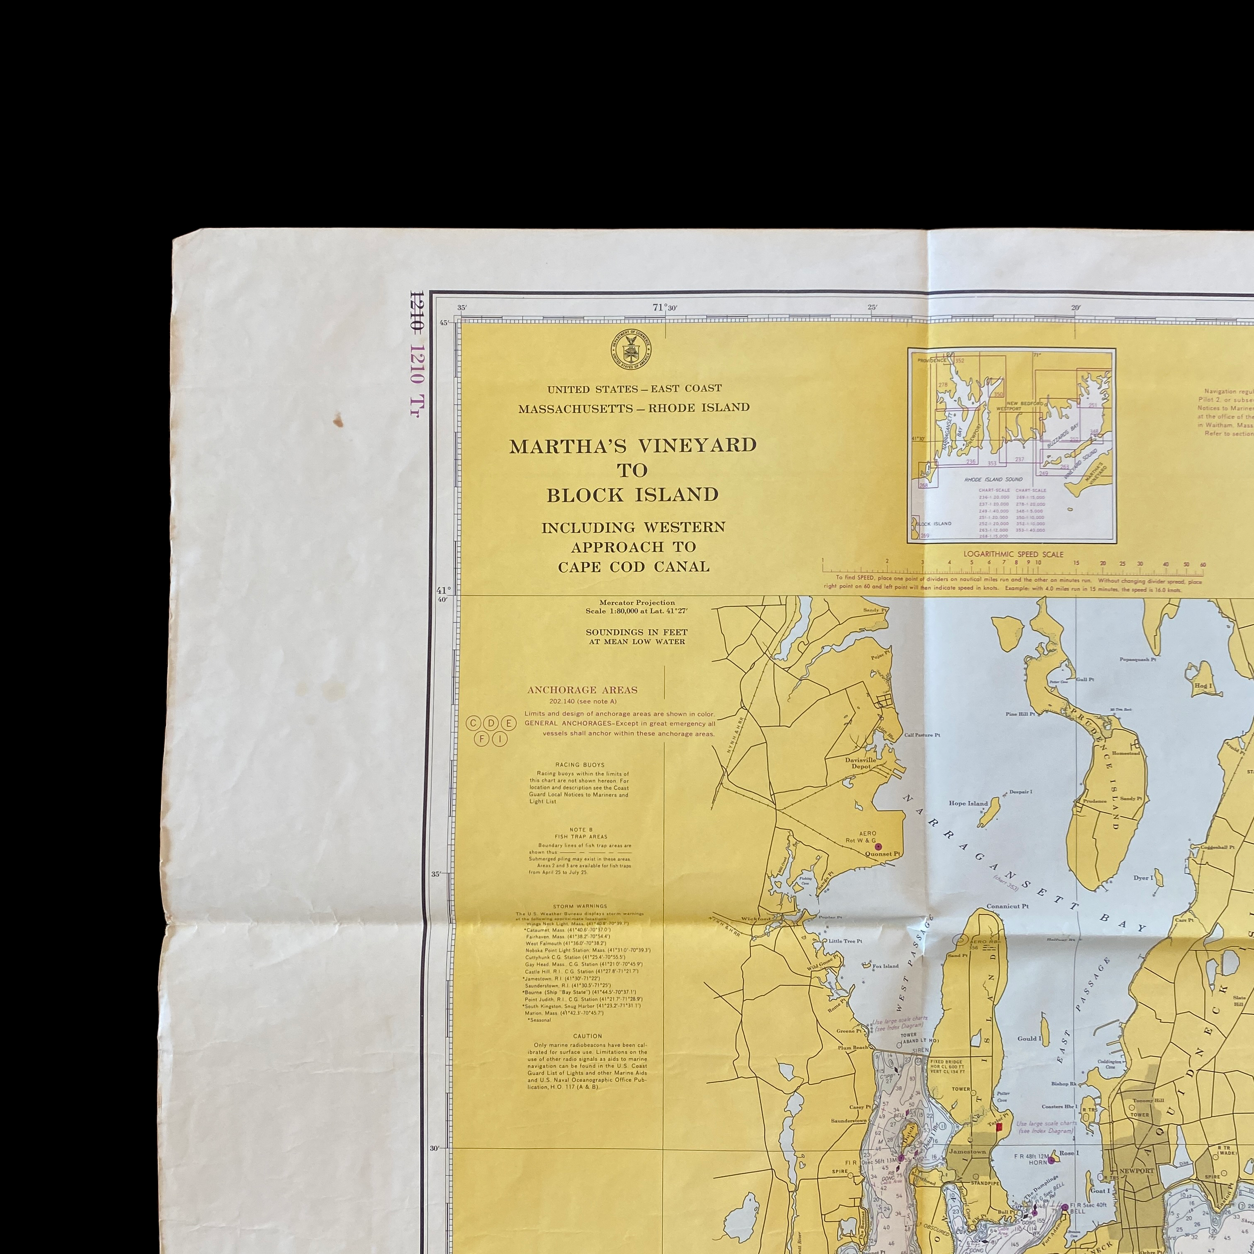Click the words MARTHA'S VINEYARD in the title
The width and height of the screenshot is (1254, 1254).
pos(633,446)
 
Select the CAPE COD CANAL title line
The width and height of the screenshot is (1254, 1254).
pos(634,567)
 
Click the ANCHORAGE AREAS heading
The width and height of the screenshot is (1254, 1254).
pos(582,690)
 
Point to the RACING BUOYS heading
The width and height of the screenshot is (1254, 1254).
pos(580,765)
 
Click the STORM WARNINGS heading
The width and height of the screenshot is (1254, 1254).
pos(580,906)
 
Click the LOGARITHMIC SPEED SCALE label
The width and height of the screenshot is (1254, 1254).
pos(1013,554)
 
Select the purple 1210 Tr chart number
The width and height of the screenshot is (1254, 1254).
pos(416,380)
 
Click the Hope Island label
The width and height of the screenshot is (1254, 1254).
pos(968,804)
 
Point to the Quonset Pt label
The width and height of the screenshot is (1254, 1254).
pos(883,854)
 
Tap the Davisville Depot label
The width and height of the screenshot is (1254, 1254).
pos(861,762)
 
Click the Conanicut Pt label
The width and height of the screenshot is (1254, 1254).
pos(1007,906)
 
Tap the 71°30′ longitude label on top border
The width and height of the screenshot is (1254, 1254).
pos(664,307)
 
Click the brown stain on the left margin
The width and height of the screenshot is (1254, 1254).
pos(338,421)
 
